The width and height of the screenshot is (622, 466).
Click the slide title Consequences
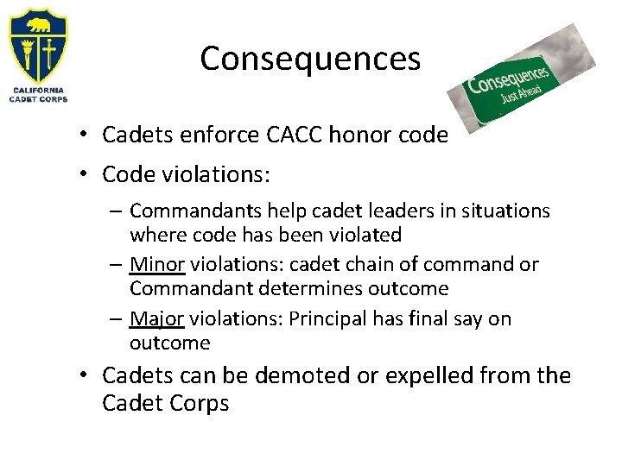310,59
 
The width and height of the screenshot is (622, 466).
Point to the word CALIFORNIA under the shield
38,89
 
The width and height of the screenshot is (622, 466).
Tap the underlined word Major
156,319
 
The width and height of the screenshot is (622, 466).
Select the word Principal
330,319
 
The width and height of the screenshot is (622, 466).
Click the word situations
509,211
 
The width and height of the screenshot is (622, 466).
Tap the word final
428,319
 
